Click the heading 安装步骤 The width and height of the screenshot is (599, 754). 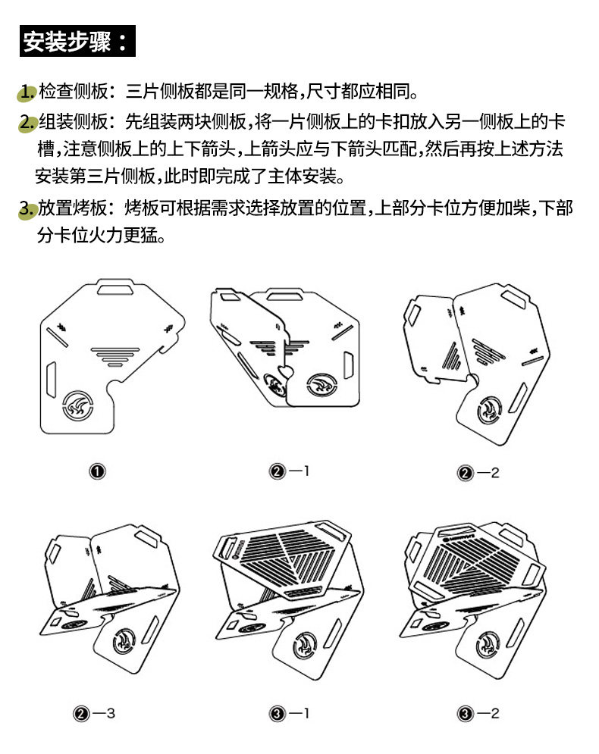(77, 41)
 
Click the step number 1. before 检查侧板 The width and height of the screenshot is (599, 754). (27, 92)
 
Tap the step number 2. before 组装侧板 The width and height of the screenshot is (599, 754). (28, 121)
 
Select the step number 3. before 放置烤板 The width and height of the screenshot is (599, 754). (28, 208)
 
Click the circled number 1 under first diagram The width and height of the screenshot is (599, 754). (96, 472)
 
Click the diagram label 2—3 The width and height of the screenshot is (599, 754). (95, 713)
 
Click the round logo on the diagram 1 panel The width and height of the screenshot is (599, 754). (78, 405)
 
